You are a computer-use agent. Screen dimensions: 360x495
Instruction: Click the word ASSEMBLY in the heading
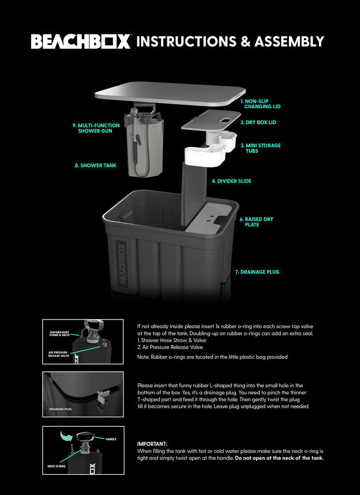tap(289, 42)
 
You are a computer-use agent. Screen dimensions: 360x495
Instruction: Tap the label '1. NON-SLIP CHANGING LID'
tap(260, 104)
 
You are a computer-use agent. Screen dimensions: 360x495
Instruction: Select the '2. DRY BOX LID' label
tap(259, 122)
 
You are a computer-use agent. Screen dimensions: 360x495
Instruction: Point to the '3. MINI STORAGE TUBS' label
tap(260, 148)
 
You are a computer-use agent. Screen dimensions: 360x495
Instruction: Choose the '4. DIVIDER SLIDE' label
tap(231, 181)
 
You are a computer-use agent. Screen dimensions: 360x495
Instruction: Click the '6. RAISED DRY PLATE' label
tap(256, 222)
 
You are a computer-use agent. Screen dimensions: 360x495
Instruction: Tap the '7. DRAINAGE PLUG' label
tap(257, 272)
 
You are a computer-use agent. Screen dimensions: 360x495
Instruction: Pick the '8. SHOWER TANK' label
tap(96, 165)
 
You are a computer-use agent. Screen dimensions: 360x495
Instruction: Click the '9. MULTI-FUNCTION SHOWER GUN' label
tap(96, 128)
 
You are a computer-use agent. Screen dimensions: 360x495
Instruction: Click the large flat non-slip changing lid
tap(170, 93)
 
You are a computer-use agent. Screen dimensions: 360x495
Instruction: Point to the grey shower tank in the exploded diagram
tap(145, 147)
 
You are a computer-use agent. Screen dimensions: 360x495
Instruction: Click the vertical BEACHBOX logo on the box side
tap(122, 264)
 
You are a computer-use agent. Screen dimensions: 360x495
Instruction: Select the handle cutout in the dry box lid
tap(226, 120)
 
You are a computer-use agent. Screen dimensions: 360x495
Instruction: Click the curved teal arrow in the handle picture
tap(67, 437)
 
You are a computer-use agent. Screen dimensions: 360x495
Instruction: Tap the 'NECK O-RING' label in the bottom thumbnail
tap(57, 466)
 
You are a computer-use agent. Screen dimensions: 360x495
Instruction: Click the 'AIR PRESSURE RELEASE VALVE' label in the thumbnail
tap(58, 354)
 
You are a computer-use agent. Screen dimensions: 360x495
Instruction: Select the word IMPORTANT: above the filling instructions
tap(152, 444)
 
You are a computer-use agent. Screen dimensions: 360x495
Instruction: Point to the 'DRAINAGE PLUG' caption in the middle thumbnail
tap(60, 409)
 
